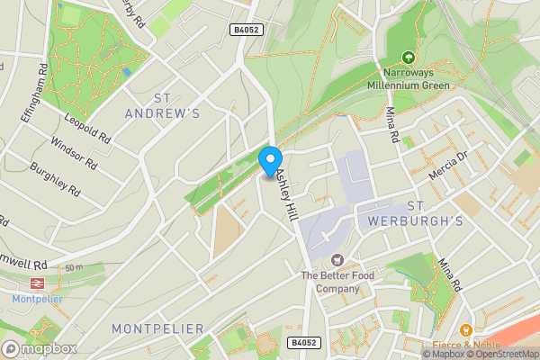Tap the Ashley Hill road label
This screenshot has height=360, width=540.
285,194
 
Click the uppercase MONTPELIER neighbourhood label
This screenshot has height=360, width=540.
158,329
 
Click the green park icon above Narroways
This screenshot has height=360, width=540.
409,57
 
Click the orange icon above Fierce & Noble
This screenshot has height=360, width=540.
465,329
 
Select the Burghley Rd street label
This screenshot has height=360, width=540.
56,179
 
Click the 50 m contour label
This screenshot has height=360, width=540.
74,268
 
